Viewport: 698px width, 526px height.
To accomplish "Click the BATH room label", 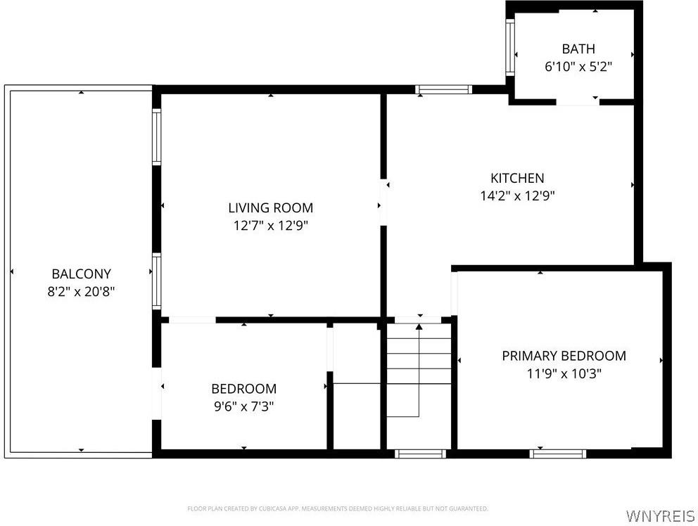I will [x=578, y=49].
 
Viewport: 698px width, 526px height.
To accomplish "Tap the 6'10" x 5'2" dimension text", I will [x=578, y=67].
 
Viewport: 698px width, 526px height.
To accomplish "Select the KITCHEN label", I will [x=517, y=178].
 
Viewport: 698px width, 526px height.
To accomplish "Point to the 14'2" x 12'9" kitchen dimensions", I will [x=517, y=196].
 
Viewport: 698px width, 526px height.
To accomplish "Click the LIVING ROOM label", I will [x=270, y=207].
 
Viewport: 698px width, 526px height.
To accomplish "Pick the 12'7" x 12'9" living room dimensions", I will [x=270, y=226].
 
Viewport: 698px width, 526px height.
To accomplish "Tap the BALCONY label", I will [x=81, y=274].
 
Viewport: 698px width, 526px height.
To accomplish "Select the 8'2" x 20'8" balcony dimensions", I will [x=81, y=292].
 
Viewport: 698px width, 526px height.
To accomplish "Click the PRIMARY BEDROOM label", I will [x=564, y=356].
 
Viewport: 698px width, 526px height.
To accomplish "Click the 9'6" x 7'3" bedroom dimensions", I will [x=244, y=406].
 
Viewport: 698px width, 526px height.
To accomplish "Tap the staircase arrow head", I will [x=419, y=326].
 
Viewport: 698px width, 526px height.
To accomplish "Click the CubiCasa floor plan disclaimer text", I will [x=337, y=508].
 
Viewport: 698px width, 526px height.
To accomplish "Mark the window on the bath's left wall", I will [x=510, y=46].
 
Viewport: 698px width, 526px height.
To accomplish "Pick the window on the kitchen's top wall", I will [x=443, y=89].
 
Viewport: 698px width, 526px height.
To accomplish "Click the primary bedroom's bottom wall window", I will [x=558, y=454].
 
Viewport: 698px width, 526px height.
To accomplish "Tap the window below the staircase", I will [x=421, y=454].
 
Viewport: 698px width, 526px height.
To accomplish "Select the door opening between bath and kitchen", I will [x=577, y=102].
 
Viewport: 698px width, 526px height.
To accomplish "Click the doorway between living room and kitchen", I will [x=384, y=203].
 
